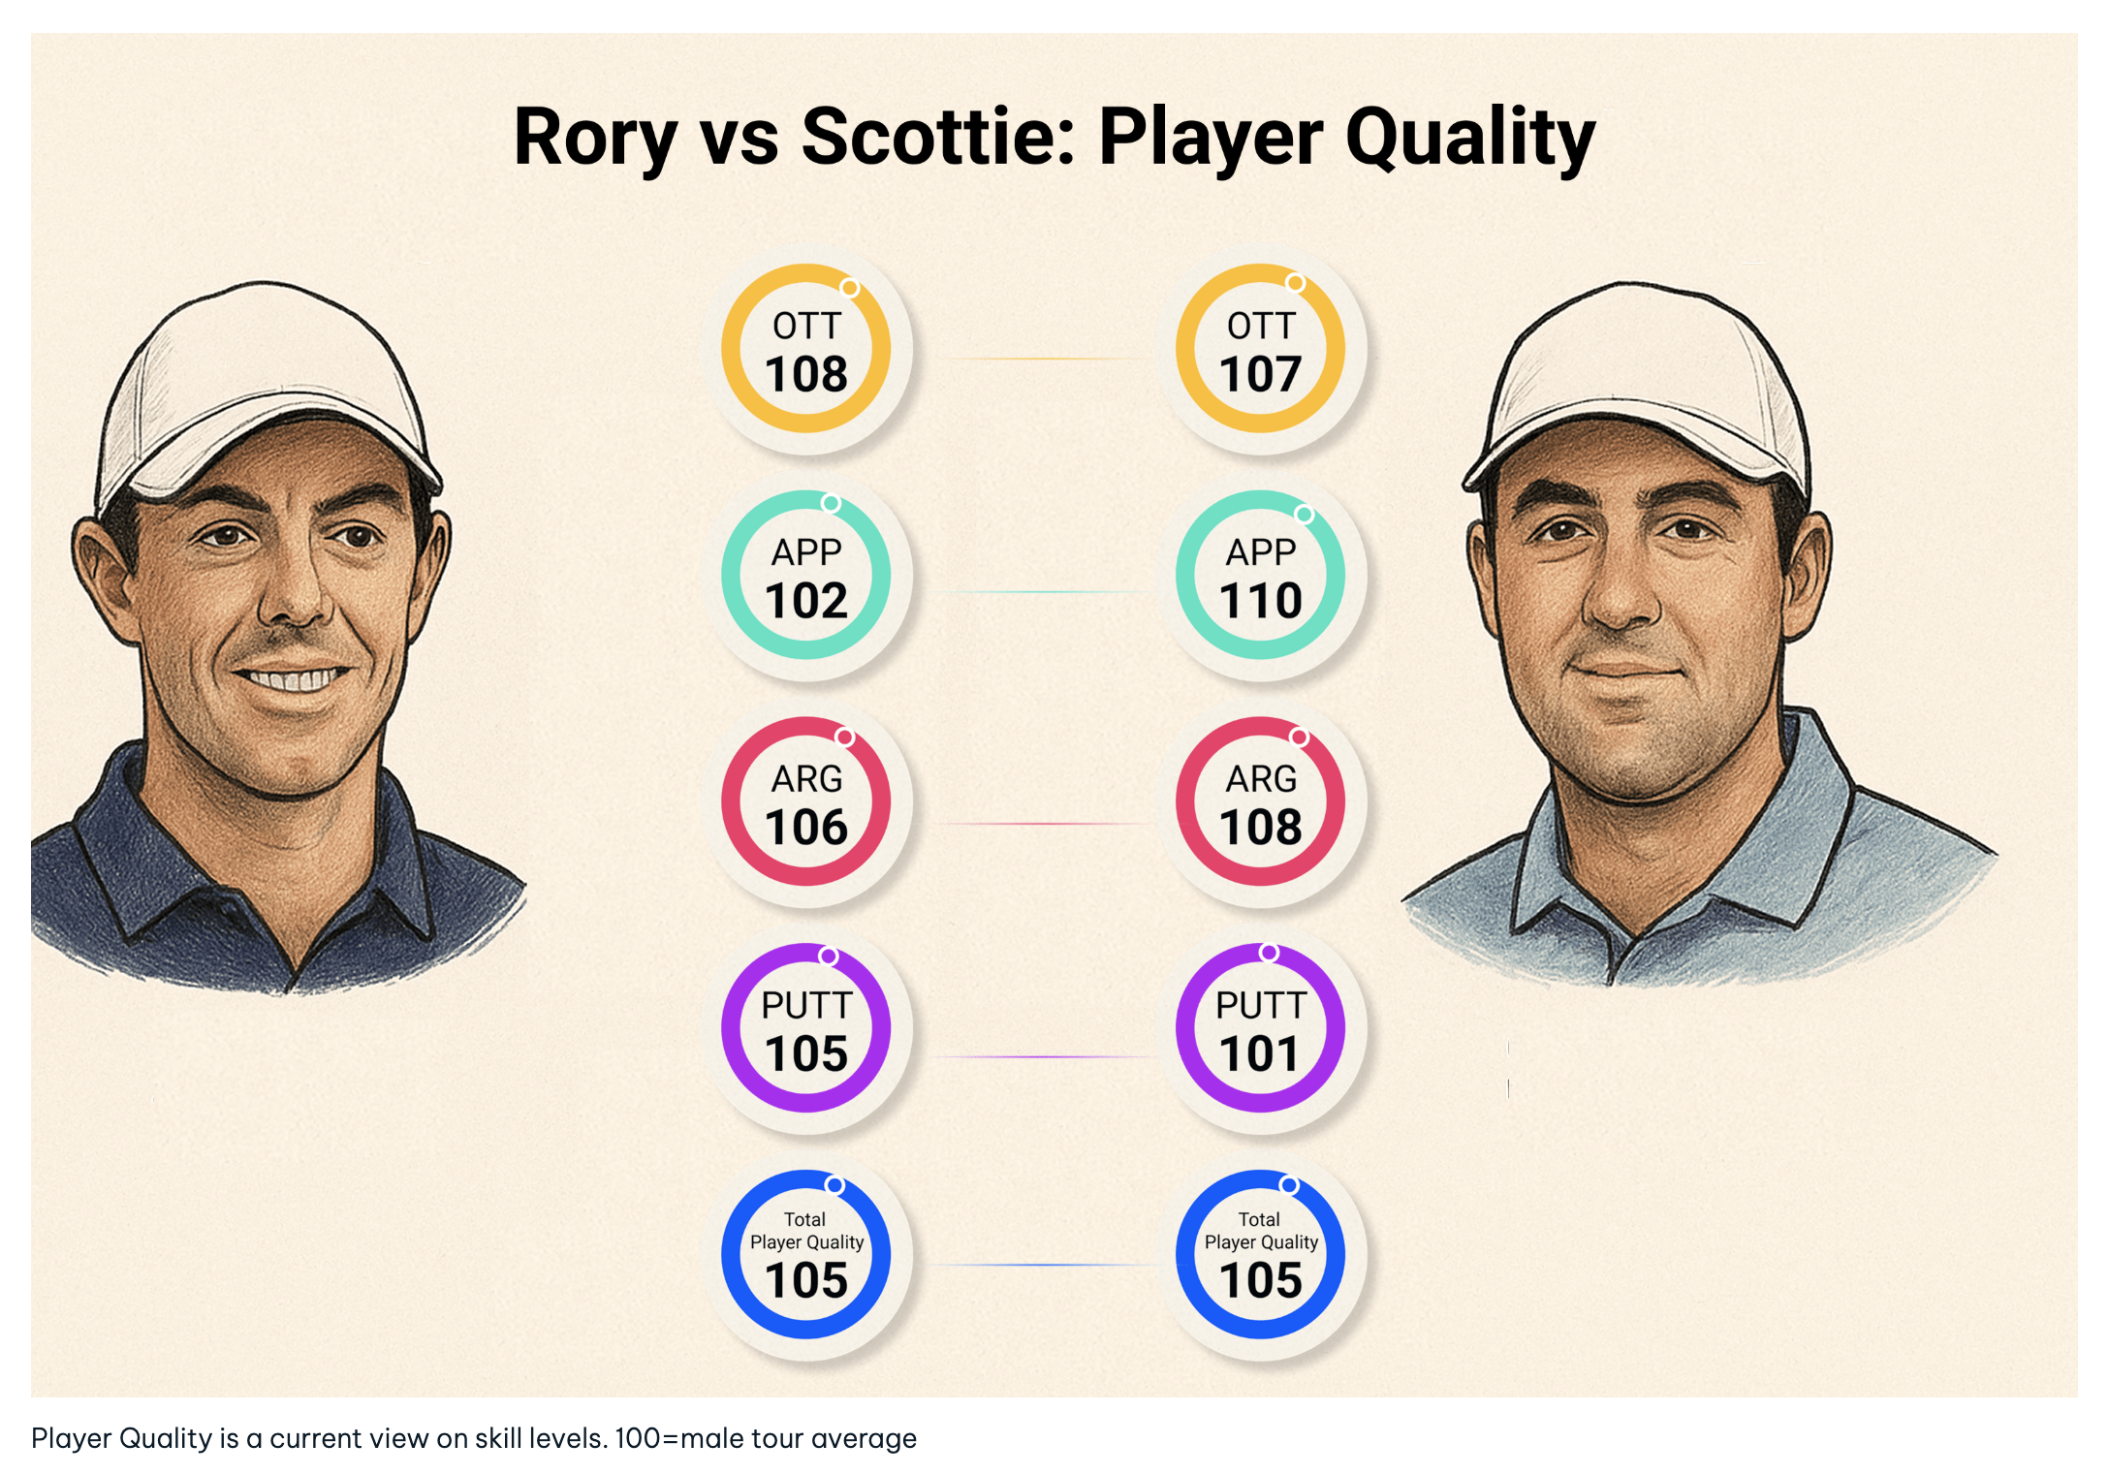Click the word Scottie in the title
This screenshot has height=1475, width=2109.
(936, 137)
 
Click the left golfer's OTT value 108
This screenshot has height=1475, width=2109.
(805, 375)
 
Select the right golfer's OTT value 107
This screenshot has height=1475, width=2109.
(1259, 375)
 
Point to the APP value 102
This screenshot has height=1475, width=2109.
(805, 601)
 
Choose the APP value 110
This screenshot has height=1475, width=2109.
(1260, 601)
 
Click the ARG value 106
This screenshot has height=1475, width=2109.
(805, 828)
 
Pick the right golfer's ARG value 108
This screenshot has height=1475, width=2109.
(1260, 828)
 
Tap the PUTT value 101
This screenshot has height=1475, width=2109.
(1259, 1054)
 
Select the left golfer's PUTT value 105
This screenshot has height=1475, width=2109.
(805, 1054)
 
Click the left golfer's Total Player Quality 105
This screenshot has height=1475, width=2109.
(805, 1281)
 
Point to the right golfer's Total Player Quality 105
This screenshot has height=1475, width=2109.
(1260, 1281)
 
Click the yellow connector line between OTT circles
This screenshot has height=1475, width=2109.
(1042, 359)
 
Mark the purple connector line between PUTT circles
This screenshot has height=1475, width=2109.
(1042, 1056)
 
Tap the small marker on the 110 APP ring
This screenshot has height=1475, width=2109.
(1305, 515)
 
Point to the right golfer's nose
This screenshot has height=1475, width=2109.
(1621, 601)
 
